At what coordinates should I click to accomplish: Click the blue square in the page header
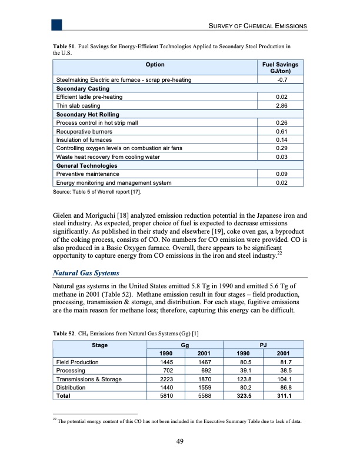point(56,24)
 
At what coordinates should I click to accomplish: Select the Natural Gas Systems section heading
point(86,273)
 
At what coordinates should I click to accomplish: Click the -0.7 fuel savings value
point(281,79)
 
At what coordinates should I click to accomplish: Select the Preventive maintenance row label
point(87,174)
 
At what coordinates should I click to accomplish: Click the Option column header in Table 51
point(155,64)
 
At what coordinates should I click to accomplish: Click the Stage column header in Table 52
point(99,345)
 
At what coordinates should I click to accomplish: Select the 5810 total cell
point(166,397)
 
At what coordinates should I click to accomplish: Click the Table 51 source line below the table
point(98,192)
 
